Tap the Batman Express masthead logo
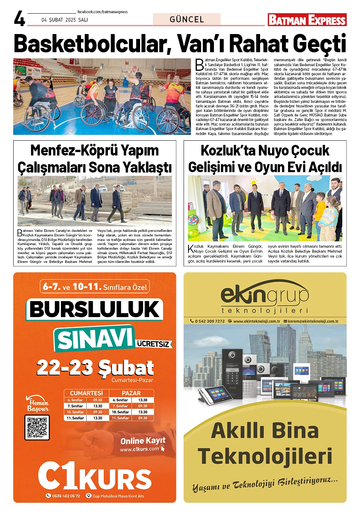pyautogui.click(x=307, y=20)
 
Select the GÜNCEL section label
pyautogui.click(x=187, y=19)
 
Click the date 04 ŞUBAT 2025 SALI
pyautogui.click(x=64, y=20)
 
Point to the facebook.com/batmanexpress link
pyautogui.click(x=102, y=12)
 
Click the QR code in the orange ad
pyautogui.click(x=37, y=427)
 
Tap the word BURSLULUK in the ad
pyautogui.click(x=95, y=309)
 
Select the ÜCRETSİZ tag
pyautogui.click(x=153, y=344)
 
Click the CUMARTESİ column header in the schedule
pyautogui.click(x=86, y=393)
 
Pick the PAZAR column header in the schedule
pyautogui.click(x=131, y=393)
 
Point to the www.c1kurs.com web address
pyautogui.click(x=139, y=449)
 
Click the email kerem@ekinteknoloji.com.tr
pyautogui.click(x=313, y=321)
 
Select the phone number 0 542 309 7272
pyautogui.click(x=210, y=321)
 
